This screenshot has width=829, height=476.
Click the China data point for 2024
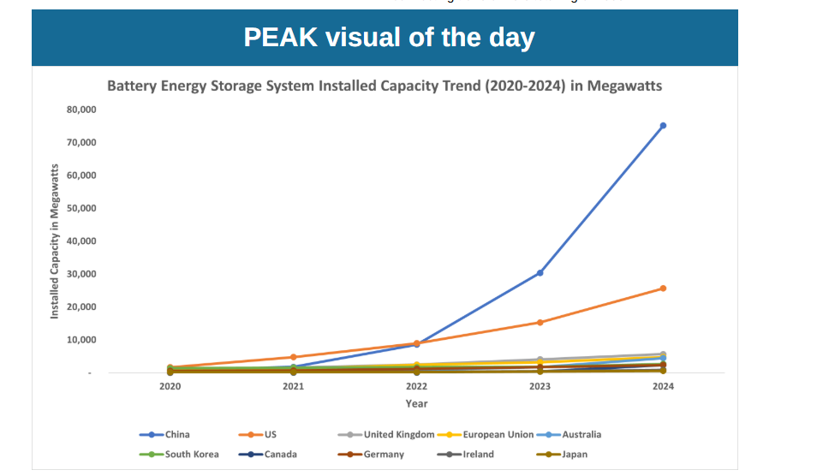click(x=663, y=126)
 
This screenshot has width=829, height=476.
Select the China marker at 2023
click(x=540, y=273)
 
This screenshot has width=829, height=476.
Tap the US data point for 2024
click(x=663, y=289)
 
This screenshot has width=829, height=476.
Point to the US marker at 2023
click(x=540, y=323)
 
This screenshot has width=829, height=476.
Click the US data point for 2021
click(x=293, y=357)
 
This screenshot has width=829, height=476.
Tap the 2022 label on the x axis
click(x=416, y=387)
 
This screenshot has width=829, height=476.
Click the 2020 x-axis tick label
click(x=170, y=387)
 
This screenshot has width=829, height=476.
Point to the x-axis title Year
click(x=416, y=403)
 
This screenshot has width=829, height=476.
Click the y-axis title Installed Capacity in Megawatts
click(x=55, y=241)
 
